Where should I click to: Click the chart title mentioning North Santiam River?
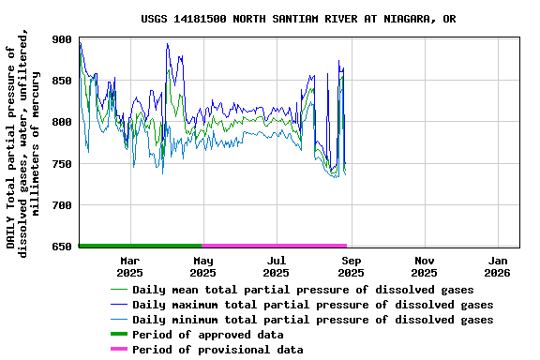[299, 19]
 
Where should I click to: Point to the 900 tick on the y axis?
[63, 39]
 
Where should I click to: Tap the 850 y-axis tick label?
[63, 81]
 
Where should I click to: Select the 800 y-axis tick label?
[63, 122]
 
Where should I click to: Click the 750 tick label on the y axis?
[63, 164]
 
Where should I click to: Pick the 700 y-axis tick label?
[63, 205]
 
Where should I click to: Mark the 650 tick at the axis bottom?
[63, 247]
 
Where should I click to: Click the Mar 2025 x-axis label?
[129, 266]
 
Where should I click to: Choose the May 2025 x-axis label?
[202, 266]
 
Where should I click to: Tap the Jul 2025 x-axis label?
[277, 266]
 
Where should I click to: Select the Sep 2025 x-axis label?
[351, 266]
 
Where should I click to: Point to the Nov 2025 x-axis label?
[424, 266]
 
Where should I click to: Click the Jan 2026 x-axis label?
[498, 266]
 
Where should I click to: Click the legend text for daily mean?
[303, 290]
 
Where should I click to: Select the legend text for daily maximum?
[312, 305]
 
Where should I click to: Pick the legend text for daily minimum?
[312, 320]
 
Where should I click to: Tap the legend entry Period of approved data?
[207, 335]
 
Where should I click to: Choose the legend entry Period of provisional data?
[217, 350]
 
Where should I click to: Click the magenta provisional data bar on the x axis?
[275, 246]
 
